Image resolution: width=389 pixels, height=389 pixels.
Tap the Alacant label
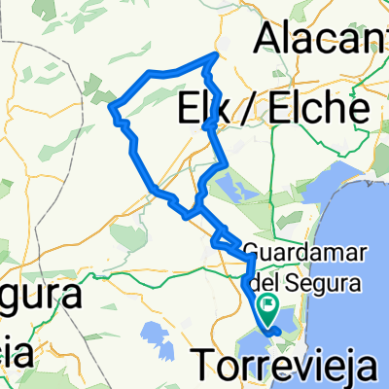[320, 38]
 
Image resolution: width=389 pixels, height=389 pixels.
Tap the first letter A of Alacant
[266, 38]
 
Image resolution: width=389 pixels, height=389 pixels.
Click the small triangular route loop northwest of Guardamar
[223, 237]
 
